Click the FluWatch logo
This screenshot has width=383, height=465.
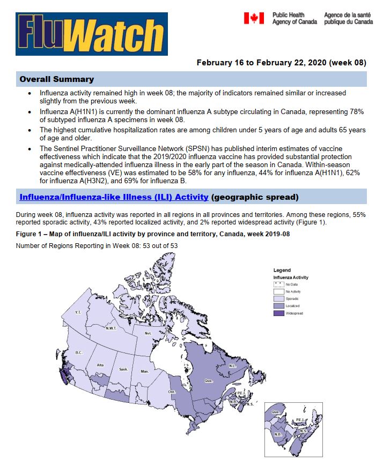(x=92, y=34)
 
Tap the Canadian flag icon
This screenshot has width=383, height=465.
(x=254, y=18)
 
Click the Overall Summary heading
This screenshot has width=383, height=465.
(x=56, y=79)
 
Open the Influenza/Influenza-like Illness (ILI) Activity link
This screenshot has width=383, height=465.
(x=114, y=197)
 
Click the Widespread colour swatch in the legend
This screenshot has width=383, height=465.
(x=279, y=313)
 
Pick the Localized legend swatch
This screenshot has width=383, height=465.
(x=279, y=305)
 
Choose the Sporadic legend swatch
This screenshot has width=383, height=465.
(x=279, y=298)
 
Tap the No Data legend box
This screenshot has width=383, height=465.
(x=279, y=283)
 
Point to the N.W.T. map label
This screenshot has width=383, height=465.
(x=111, y=328)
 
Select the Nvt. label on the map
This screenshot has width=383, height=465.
(x=149, y=333)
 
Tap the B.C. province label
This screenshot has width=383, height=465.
(x=78, y=352)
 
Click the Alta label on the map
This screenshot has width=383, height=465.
(x=100, y=365)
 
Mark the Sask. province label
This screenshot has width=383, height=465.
(x=123, y=370)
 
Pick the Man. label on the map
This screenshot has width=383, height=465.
(x=144, y=371)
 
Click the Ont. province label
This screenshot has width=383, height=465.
(x=172, y=392)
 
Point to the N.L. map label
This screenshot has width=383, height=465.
(x=232, y=366)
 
